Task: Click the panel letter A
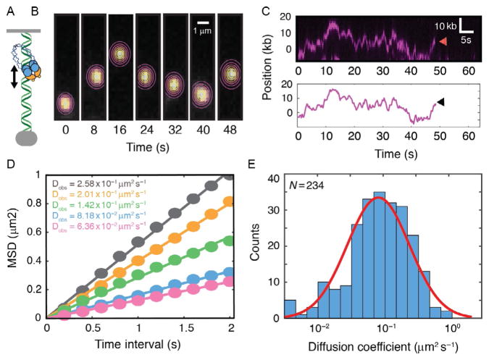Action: click(x=9, y=9)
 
